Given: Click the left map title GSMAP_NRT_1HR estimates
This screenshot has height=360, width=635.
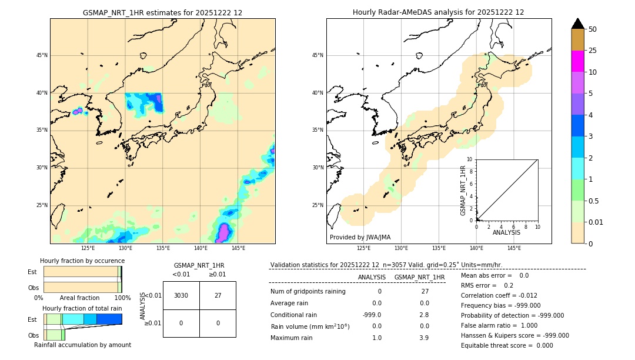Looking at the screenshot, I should click(x=162, y=12).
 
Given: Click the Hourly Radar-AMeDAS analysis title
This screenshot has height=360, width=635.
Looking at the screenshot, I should click(x=438, y=12).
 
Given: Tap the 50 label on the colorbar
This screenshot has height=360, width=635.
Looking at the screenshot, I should click(x=593, y=29).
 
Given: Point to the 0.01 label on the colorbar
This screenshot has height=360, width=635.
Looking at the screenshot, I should click(x=596, y=222).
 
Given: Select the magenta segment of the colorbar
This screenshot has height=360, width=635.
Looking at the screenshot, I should click(x=578, y=61).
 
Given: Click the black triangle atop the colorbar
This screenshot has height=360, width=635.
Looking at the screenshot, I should click(x=578, y=24).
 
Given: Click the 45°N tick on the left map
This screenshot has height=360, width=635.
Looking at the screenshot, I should click(x=42, y=55).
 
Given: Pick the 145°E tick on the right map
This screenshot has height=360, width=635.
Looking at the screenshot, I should click(x=514, y=248).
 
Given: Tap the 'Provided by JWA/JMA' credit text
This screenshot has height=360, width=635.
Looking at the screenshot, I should click(x=360, y=238).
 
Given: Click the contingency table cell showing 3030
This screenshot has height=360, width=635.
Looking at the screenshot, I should click(x=181, y=295).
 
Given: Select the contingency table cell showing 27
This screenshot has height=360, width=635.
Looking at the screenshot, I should click(x=218, y=295).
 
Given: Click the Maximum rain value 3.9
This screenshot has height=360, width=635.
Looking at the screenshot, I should click(x=423, y=338).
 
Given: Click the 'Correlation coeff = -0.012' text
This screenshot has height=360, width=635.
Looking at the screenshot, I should click(x=499, y=295).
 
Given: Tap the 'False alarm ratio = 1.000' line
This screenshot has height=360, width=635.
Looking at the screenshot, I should click(x=499, y=325).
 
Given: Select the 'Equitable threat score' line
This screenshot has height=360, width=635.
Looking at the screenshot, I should click(x=507, y=345).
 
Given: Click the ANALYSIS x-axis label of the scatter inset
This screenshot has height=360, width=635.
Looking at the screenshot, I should click(x=506, y=232).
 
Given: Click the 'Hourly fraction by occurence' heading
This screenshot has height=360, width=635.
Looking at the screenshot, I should click(x=82, y=261).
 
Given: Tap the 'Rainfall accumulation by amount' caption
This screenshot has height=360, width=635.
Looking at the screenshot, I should click(x=82, y=345).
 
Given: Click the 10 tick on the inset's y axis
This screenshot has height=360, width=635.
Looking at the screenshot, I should click(x=470, y=159).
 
